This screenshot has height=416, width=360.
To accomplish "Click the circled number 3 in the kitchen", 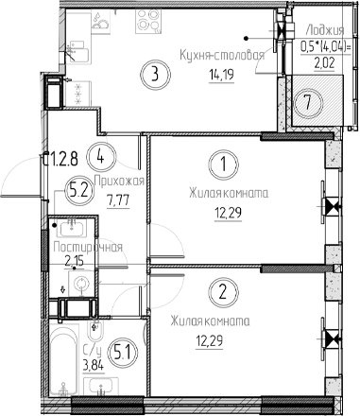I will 157,73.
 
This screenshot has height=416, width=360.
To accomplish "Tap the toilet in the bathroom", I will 97,336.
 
